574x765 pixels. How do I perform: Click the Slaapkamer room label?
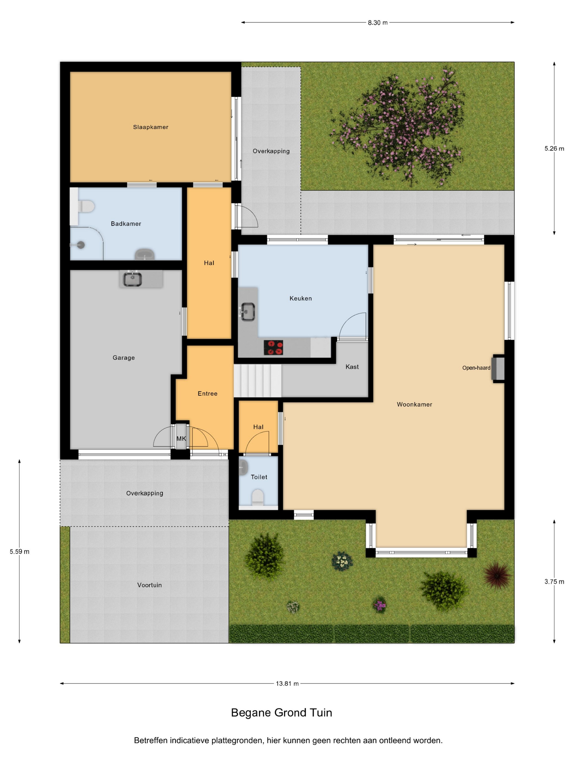pyautogui.click(x=151, y=127)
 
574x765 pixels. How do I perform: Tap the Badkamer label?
pyautogui.click(x=126, y=224)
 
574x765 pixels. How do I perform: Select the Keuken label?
pyautogui.click(x=301, y=298)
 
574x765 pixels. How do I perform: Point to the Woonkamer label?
pyautogui.click(x=414, y=404)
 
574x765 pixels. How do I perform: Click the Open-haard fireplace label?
pyautogui.click(x=476, y=368)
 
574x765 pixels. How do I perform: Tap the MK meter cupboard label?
pyautogui.click(x=181, y=439)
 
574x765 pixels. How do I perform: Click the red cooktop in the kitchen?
pyautogui.click(x=273, y=348)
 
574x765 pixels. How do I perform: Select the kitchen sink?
pyautogui.click(x=248, y=312)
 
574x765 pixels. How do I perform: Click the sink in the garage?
pyautogui.click(x=133, y=279)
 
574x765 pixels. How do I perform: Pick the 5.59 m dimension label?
pyautogui.click(x=19, y=552)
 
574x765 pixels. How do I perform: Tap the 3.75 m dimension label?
pyautogui.click(x=554, y=582)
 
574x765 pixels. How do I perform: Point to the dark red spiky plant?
pyautogui.click(x=497, y=575)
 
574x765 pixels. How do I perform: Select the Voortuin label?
pyautogui.click(x=150, y=585)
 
